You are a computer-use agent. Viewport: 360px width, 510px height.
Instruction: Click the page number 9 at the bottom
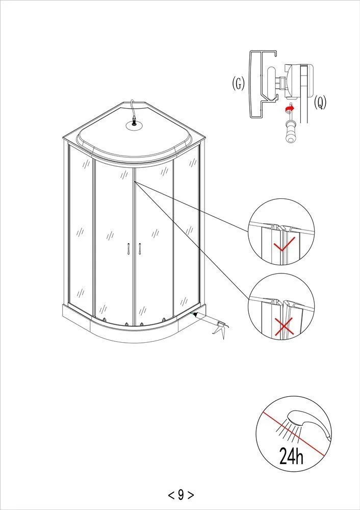(x=181, y=494)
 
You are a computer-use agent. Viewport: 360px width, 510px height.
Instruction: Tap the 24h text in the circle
(x=291, y=455)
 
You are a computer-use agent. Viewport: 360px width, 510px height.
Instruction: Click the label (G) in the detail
(x=238, y=84)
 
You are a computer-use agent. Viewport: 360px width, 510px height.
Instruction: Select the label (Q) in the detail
(x=320, y=103)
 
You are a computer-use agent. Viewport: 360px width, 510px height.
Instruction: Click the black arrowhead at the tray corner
(x=195, y=315)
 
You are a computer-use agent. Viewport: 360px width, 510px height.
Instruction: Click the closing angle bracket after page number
(x=191, y=494)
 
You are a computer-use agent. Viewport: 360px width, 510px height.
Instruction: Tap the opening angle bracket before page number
(x=170, y=494)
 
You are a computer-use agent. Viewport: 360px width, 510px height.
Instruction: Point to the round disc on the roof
(x=134, y=125)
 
